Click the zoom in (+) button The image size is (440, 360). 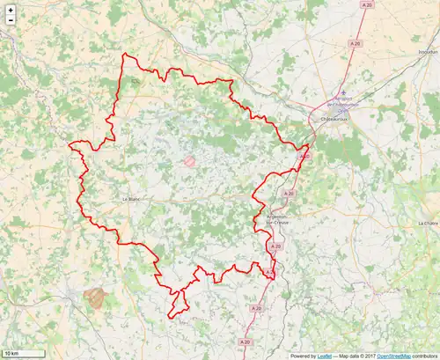pyautogui.click(x=10, y=10)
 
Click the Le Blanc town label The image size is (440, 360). pyautogui.click(x=130, y=199)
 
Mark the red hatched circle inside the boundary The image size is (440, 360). pyautogui.click(x=189, y=161)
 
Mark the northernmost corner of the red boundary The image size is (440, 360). pyautogui.click(x=124, y=55)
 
